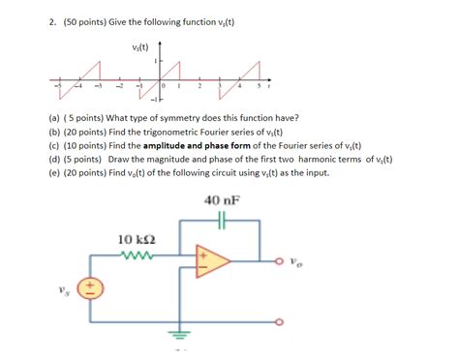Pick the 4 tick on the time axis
tap(239, 85)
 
